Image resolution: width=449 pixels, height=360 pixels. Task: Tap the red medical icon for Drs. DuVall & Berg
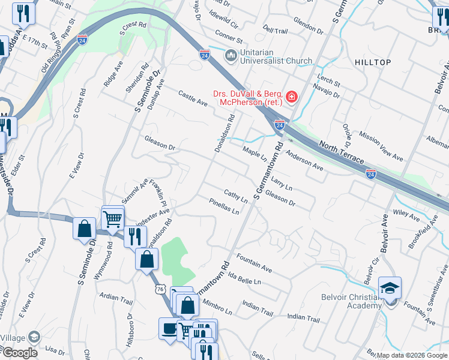point(291,97)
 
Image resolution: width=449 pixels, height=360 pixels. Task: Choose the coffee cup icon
point(169,328)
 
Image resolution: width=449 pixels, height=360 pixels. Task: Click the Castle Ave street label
point(193,98)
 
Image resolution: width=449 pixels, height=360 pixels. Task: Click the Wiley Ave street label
point(406,212)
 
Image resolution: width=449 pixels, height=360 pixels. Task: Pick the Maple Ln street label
point(255,153)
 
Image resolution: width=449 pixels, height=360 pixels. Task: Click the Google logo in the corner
point(20,353)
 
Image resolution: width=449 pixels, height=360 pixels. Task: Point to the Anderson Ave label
point(304,161)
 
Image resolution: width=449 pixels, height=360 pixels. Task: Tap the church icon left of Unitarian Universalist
point(231,56)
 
